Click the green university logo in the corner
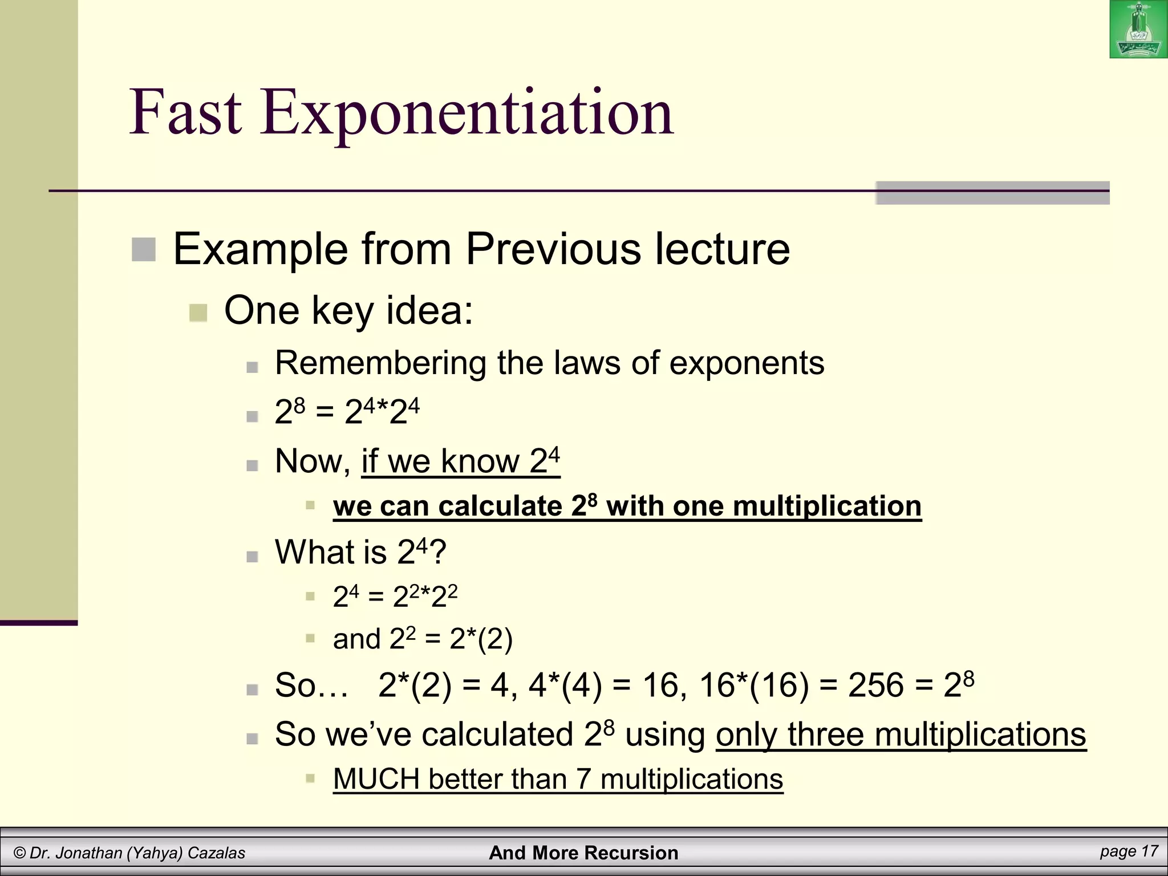point(1138,30)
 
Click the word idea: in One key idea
point(429,311)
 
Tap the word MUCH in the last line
point(376,779)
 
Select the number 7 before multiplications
point(583,779)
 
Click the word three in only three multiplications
point(825,735)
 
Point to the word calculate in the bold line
point(500,506)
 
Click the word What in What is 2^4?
point(315,552)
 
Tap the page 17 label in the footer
point(1129,851)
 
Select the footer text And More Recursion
point(583,853)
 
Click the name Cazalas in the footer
point(216,853)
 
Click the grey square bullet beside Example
point(144,250)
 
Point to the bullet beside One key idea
point(198,313)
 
